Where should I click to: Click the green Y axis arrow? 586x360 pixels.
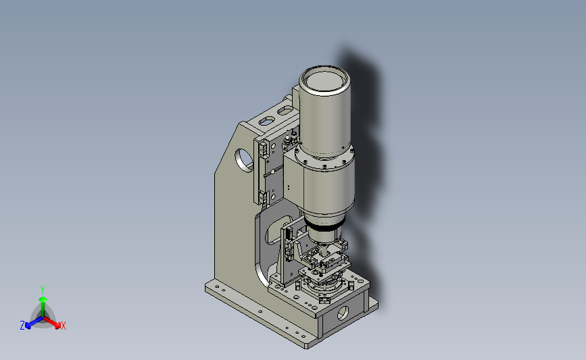43,306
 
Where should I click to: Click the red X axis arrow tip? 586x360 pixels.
59,326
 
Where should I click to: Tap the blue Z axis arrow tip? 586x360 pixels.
27,326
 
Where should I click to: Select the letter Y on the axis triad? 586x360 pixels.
42,290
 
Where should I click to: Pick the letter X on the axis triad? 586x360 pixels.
63,326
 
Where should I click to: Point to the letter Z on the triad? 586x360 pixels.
22,326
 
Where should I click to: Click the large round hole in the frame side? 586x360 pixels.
244,161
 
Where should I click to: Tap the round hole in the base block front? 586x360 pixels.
343,313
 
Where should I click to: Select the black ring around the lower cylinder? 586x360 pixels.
324,226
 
